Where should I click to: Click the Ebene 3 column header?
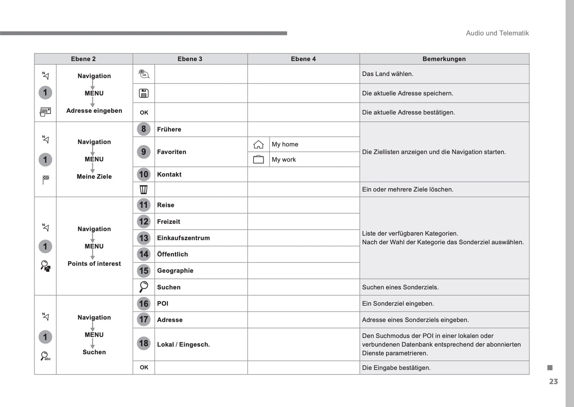click(190, 59)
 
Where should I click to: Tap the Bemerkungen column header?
click(444, 59)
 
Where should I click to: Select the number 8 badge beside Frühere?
click(144, 129)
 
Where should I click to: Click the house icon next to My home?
click(259, 145)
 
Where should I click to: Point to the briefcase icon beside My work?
click(259, 160)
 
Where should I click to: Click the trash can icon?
click(144, 189)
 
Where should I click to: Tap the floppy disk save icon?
click(144, 93)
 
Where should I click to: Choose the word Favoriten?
click(172, 152)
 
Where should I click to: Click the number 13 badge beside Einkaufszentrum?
click(144, 238)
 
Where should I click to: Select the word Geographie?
click(175, 271)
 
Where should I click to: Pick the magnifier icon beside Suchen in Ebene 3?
click(144, 287)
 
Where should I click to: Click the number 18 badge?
click(144, 343)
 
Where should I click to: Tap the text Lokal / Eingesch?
click(184, 345)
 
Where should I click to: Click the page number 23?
click(553, 382)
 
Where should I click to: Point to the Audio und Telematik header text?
click(497, 33)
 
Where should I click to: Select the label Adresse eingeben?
click(94, 111)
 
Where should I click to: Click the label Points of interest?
click(94, 264)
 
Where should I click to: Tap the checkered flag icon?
click(46, 179)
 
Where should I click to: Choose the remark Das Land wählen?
click(388, 74)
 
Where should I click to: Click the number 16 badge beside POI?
click(144, 304)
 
